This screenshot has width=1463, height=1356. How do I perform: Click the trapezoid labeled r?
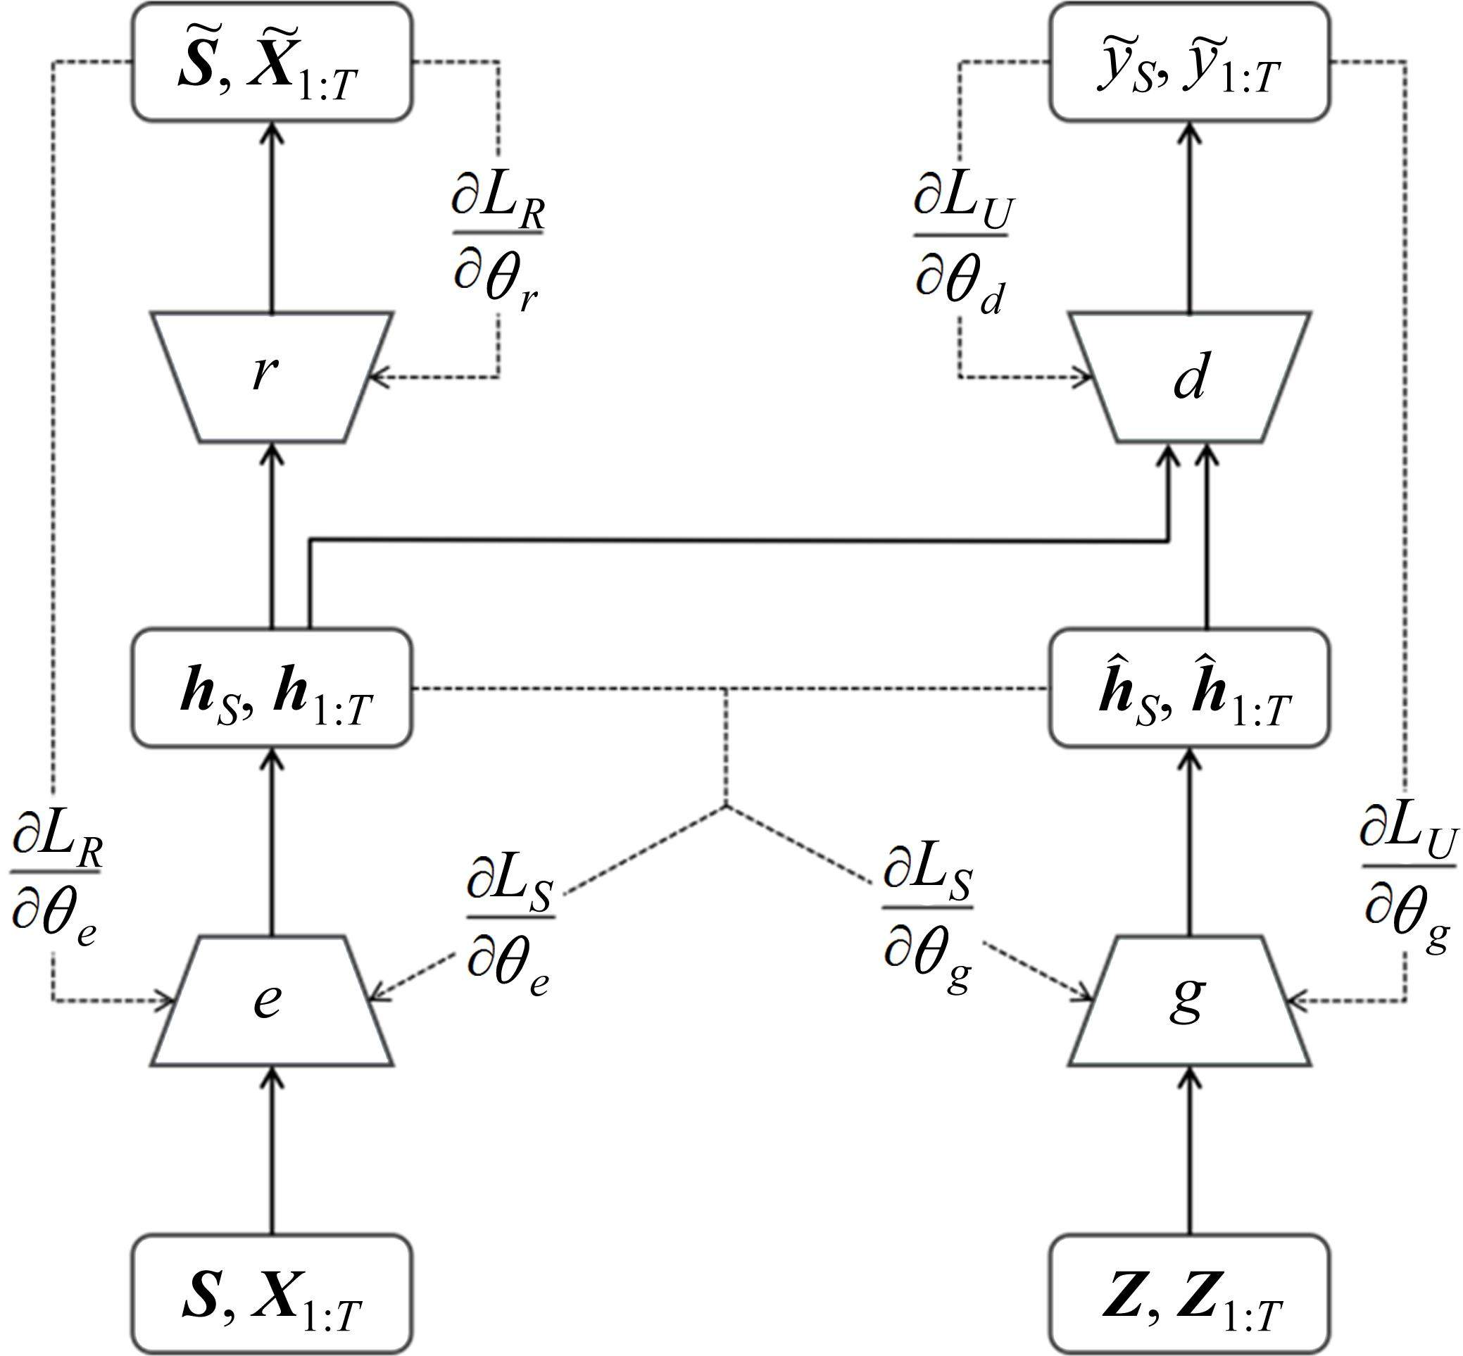(272, 377)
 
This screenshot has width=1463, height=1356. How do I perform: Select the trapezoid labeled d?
(1188, 377)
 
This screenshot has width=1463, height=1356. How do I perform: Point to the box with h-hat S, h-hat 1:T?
(1188, 688)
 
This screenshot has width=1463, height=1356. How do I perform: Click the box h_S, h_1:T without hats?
(272, 688)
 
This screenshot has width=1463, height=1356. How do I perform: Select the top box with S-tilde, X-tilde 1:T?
(272, 62)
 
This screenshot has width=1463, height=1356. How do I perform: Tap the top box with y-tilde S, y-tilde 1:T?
(1188, 62)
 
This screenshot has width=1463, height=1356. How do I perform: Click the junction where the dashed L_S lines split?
(726, 806)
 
